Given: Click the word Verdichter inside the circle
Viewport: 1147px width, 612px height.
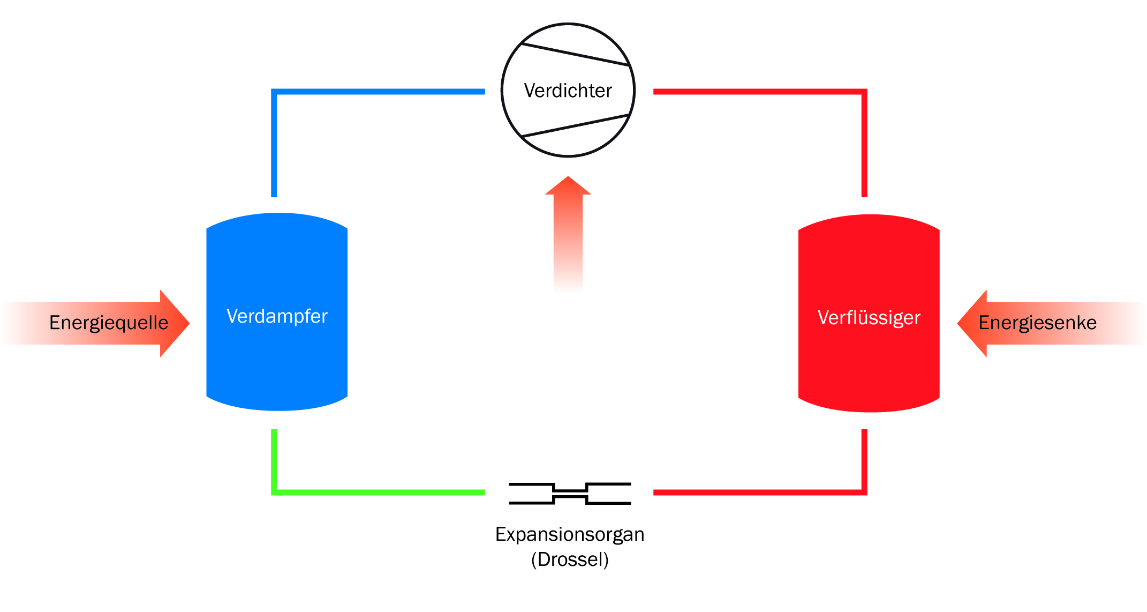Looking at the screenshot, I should [x=568, y=91].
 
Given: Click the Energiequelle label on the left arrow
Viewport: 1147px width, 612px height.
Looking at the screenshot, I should [x=108, y=323].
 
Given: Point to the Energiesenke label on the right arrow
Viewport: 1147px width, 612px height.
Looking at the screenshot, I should [x=1037, y=323].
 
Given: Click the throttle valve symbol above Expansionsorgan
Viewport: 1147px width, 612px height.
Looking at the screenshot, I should [x=570, y=494].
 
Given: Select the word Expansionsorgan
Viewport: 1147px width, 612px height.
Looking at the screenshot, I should [x=569, y=534].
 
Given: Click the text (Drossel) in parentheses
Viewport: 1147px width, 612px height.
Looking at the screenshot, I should [x=570, y=559].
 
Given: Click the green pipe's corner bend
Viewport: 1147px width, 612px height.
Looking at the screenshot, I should [x=274, y=492].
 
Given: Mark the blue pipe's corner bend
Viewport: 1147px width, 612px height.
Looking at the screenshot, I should [x=274, y=92].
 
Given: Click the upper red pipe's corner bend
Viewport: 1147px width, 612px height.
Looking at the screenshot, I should [x=864, y=92].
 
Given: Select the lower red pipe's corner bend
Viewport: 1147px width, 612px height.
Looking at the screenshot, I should [x=864, y=492].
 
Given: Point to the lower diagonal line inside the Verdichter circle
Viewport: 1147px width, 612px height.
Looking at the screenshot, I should [x=574, y=126].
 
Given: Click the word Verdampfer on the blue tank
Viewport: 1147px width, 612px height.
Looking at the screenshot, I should [x=277, y=316].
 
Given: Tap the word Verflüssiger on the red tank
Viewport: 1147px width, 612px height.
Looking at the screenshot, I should [x=869, y=318].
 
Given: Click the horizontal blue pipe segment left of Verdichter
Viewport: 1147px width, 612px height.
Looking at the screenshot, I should [x=380, y=92].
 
